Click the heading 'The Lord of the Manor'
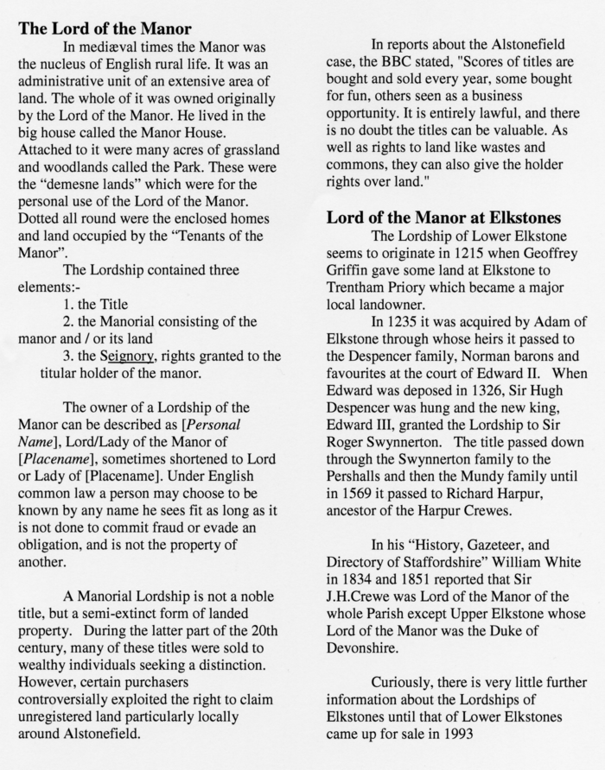point(105,28)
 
